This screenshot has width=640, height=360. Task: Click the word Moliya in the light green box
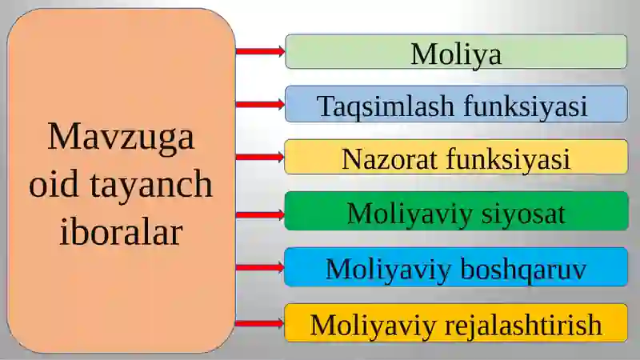click(x=456, y=54)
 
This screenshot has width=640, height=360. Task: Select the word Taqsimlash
click(x=386, y=106)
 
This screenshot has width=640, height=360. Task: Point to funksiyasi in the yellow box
click(x=508, y=158)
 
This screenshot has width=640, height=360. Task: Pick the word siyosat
click(x=523, y=214)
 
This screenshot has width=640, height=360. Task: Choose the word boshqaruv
click(x=524, y=270)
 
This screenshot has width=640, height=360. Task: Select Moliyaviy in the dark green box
click(x=410, y=214)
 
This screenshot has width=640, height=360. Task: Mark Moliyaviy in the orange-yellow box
click(x=373, y=326)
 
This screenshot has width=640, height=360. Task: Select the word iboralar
click(x=122, y=231)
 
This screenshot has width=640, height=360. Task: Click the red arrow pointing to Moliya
click(x=261, y=51)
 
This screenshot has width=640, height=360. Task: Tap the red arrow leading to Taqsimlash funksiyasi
click(x=261, y=104)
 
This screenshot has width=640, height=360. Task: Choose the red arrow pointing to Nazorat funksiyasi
click(x=261, y=157)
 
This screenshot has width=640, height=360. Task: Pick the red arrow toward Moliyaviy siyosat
click(x=261, y=214)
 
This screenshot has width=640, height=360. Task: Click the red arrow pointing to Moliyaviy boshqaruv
click(x=261, y=267)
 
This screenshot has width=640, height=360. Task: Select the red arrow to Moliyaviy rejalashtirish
click(x=261, y=324)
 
